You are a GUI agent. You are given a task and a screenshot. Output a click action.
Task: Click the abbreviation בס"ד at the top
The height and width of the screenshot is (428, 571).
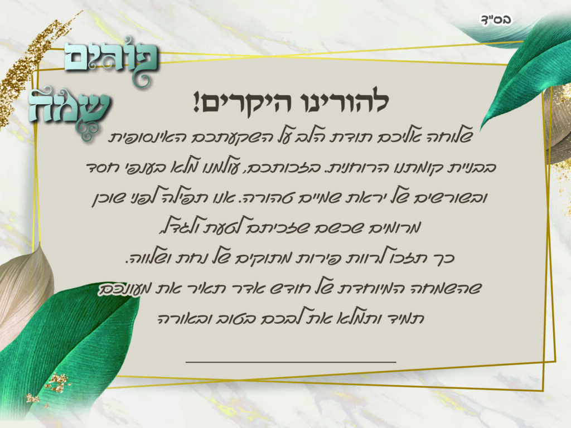coord(496,20)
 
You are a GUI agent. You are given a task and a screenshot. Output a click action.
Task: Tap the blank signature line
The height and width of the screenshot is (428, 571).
coord(291,362)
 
